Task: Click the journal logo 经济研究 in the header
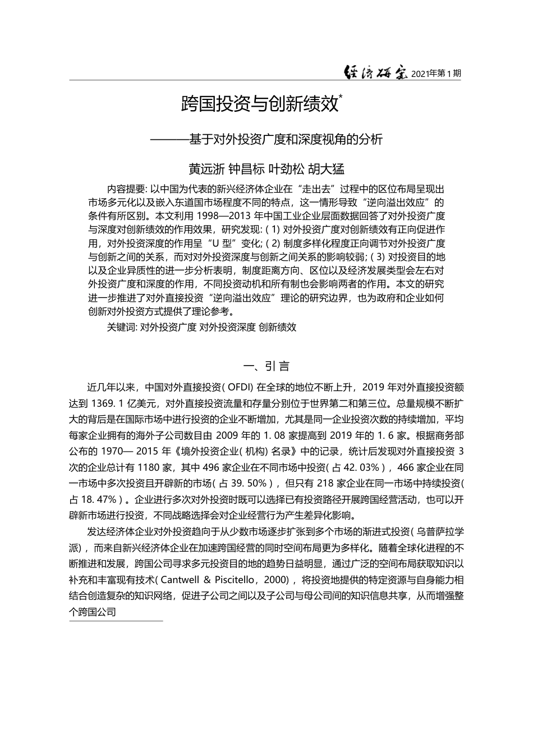coord(375,73)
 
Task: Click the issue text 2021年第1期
coord(435,74)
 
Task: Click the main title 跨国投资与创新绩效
coord(260,104)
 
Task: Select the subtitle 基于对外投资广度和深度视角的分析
coord(286,139)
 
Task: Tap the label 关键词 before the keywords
coord(121,327)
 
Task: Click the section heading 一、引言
coord(266,367)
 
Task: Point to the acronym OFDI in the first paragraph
coord(241,387)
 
